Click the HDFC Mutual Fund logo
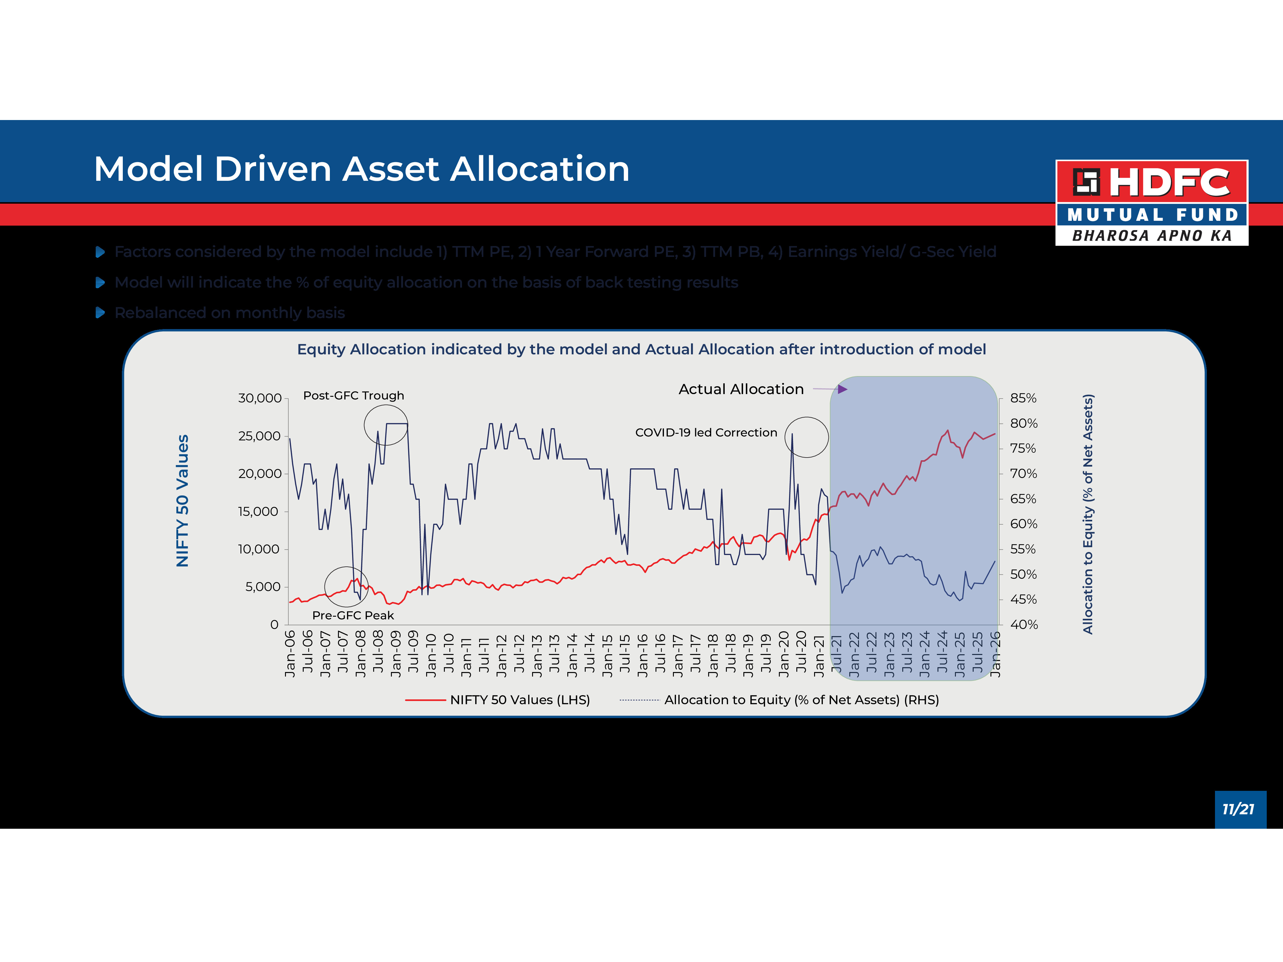tap(1151, 202)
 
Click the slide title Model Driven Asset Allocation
tap(361, 169)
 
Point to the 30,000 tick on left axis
tap(259, 398)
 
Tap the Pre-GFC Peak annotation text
tap(353, 615)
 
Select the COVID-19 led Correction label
tap(706, 433)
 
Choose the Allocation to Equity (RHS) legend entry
tap(801, 700)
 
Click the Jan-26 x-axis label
tap(995, 654)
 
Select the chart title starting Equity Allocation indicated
tap(641, 349)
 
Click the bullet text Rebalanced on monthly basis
tap(230, 313)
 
